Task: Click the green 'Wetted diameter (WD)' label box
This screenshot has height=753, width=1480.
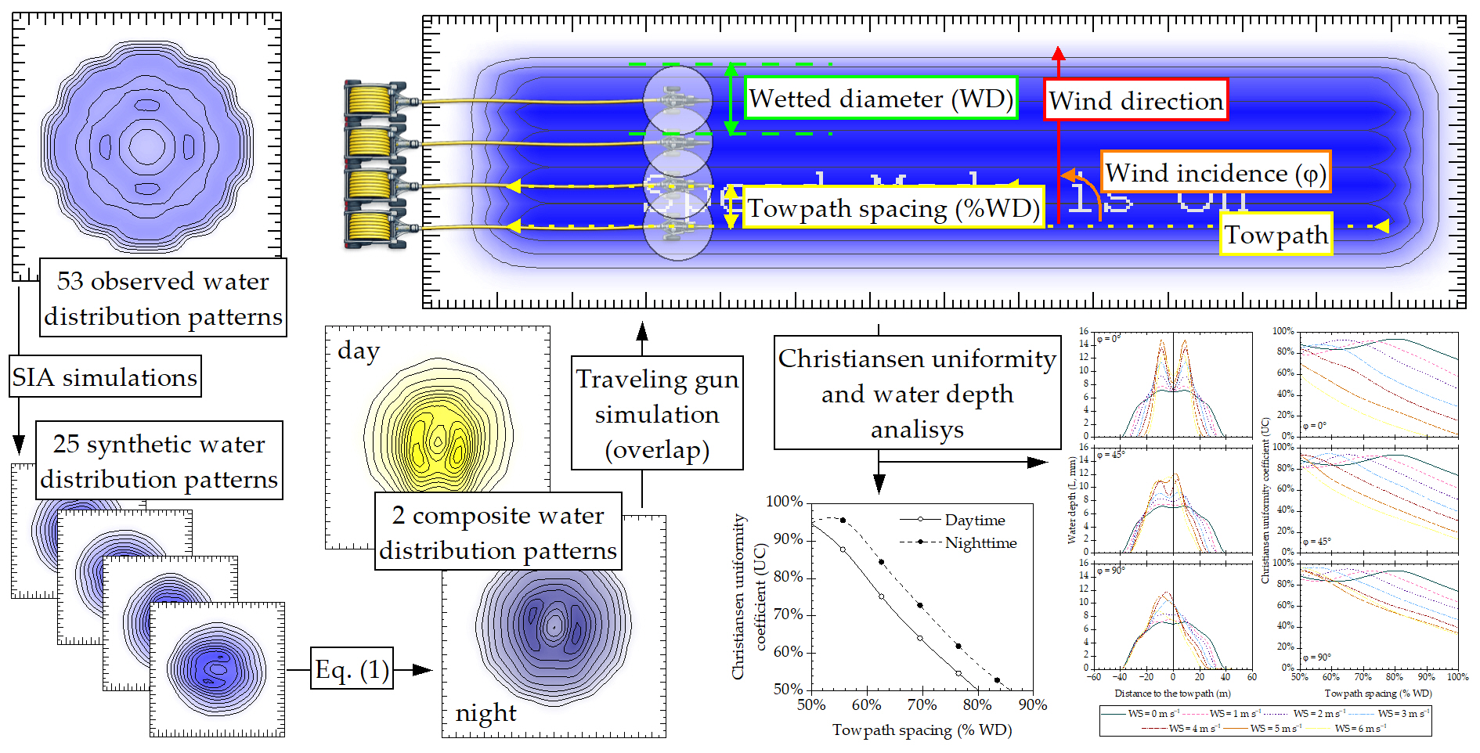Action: pos(880,99)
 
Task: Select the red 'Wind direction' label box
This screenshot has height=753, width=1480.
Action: pos(1135,100)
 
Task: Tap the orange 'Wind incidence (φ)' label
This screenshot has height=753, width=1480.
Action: pos(1215,173)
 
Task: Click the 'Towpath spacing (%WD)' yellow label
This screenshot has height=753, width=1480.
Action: pos(893,208)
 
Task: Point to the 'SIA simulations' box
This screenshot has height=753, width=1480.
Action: pos(105,376)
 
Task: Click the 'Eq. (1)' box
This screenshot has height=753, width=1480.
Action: pos(352,669)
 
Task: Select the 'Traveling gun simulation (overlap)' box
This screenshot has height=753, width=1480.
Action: pos(657,413)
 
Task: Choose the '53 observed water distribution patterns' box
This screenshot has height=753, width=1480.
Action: pos(163,298)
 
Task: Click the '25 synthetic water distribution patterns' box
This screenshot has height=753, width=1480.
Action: pos(159,461)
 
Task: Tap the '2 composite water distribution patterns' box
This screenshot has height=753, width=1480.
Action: pos(498,532)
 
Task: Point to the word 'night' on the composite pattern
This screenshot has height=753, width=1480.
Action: pos(486,712)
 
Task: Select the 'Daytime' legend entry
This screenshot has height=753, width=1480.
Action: pos(974,520)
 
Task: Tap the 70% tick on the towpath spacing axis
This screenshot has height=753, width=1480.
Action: pos(922,704)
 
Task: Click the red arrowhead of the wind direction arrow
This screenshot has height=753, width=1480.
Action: pos(1059,53)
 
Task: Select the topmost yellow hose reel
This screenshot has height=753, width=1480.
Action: pos(370,101)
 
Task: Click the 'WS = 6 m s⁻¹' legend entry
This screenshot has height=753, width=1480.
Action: pos(1359,728)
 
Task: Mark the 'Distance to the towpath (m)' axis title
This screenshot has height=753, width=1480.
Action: pos(1172,693)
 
